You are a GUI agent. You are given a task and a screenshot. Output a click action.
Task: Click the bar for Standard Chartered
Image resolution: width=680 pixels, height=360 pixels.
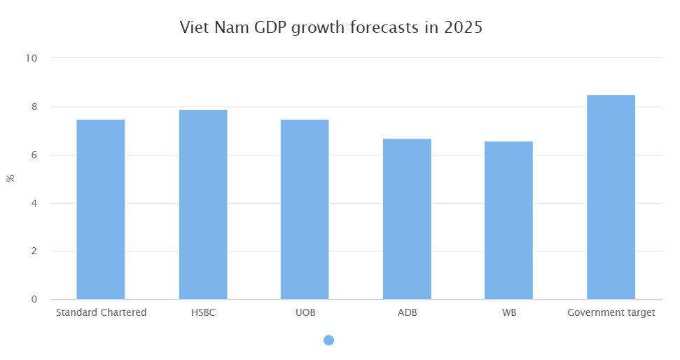coord(101,209)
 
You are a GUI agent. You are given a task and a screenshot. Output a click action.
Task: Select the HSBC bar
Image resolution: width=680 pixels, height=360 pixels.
coord(203,205)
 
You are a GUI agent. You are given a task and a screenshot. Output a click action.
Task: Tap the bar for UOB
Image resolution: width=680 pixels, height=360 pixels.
coord(305,209)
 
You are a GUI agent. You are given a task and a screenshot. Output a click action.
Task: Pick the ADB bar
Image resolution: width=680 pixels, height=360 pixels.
coord(407,219)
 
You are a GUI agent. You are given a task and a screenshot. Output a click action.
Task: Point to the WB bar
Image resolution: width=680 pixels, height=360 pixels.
coord(508,221)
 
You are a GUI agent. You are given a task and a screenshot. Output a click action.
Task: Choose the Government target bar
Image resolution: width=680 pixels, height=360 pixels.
coord(611,198)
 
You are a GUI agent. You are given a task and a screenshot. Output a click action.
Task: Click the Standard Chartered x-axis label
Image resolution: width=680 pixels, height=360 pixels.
coord(101,312)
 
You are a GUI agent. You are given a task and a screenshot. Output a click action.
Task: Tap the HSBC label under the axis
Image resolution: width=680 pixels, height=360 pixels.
coord(203,312)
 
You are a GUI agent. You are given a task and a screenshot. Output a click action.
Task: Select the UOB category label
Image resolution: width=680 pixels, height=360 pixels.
coord(305,312)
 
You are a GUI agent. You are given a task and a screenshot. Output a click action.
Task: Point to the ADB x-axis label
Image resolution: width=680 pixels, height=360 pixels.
coord(407,312)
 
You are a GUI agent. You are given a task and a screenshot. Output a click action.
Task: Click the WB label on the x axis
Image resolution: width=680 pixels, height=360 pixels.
coord(508,312)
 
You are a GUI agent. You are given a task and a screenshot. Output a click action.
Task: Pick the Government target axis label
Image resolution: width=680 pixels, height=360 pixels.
coord(611,312)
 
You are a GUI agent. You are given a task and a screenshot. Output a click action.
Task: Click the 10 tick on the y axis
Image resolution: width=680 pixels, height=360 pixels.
coord(32,58)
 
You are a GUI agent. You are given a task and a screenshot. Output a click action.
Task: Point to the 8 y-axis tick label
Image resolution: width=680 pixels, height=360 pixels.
coord(34,106)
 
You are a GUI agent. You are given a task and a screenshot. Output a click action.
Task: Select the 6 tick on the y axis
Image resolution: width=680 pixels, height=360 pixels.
coord(34,155)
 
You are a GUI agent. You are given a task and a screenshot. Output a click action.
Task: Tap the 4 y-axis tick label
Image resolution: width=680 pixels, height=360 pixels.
coord(34,203)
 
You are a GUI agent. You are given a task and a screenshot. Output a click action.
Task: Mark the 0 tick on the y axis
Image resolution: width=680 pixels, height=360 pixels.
coord(34,300)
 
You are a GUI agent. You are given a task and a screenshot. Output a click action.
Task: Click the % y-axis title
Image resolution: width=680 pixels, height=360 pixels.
coord(11,178)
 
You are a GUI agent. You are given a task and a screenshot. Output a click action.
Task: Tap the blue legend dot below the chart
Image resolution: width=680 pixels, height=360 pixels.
coord(328,340)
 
